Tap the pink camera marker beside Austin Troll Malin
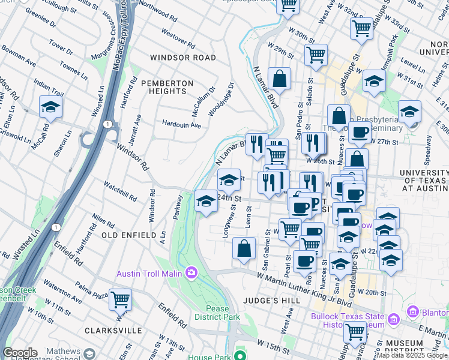coord(191,274)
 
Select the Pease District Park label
coord(217,313)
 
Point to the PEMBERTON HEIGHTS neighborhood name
coord(167,87)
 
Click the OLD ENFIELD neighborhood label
coord(129,235)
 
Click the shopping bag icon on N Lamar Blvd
coord(280,79)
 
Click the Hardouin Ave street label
coord(182,125)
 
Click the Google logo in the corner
coord(20,353)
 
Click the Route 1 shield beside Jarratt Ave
coord(106,124)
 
